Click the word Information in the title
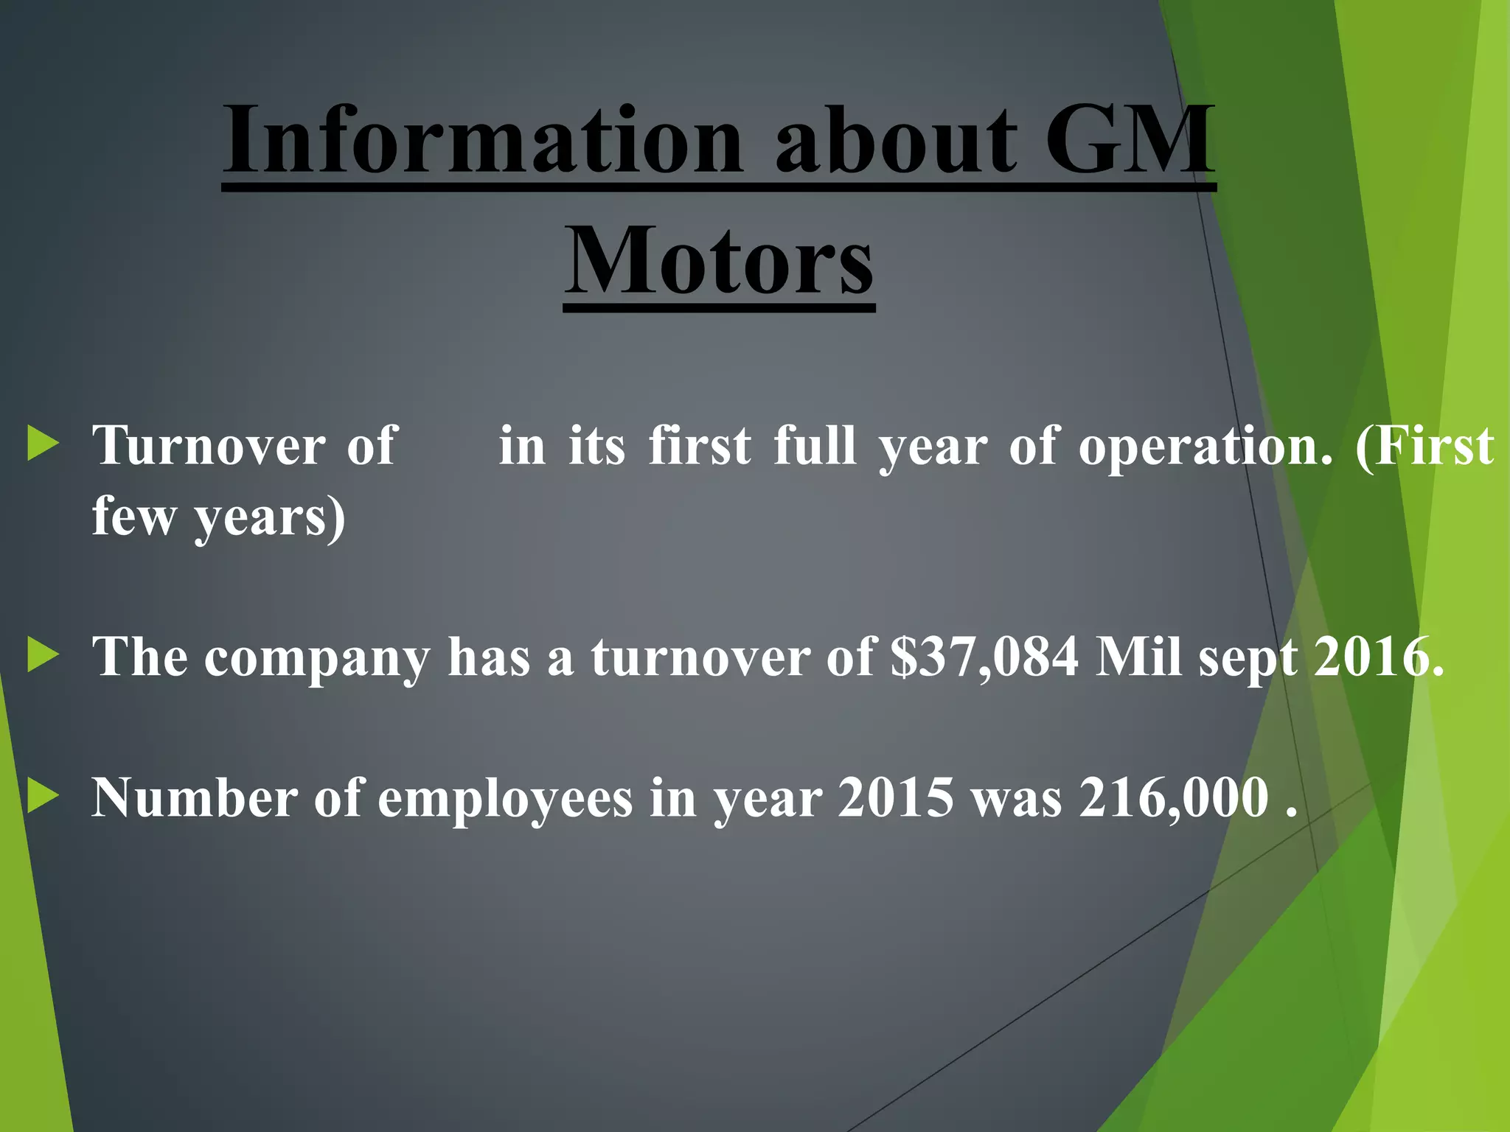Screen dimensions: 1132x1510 [483, 140]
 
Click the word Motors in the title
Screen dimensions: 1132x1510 [719, 262]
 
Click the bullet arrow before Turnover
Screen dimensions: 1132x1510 [43, 444]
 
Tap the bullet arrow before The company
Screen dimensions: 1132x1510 [43, 655]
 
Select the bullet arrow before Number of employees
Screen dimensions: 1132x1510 [43, 797]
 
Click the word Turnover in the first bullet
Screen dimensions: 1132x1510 [209, 446]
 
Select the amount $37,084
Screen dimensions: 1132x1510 [984, 657]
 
